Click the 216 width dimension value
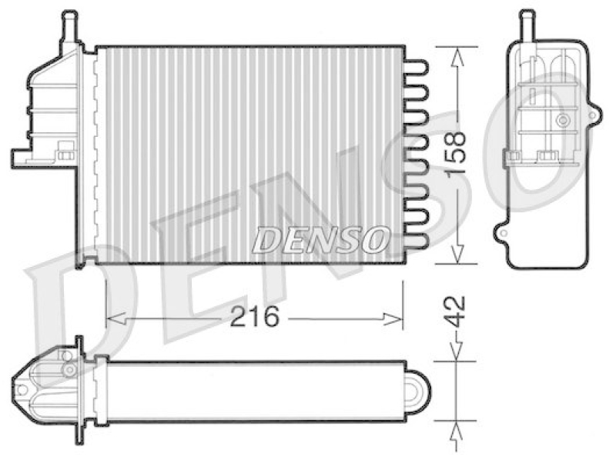coord(254,316)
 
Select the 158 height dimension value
coord(456,155)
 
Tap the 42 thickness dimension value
coord(456,312)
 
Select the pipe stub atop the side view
coord(527,23)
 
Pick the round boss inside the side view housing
coord(564,120)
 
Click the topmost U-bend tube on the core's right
coord(416,67)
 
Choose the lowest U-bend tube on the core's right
coord(416,242)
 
